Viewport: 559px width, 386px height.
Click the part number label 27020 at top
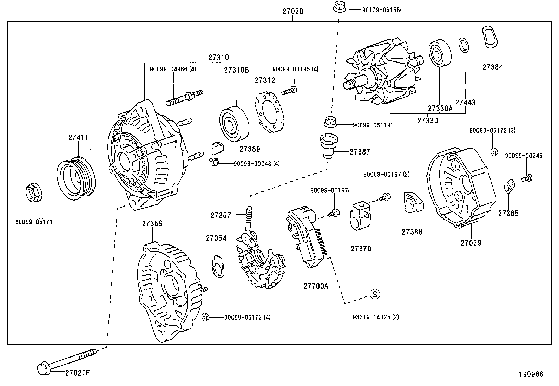click(293, 11)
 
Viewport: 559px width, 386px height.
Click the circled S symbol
click(375, 294)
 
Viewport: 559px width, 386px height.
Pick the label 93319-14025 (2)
click(376, 317)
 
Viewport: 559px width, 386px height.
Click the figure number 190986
click(531, 374)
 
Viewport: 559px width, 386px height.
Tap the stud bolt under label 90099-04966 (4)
click(184, 97)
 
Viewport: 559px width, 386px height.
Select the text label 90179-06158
click(381, 10)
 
